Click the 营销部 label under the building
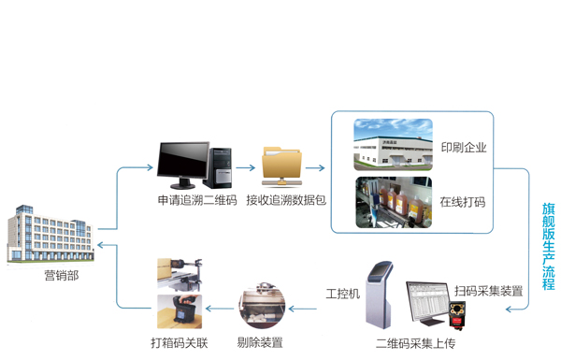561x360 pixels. (62, 275)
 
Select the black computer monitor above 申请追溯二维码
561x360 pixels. (183, 165)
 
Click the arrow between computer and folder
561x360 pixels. (246, 169)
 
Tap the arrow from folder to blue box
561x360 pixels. (314, 169)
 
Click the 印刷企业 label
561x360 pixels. (463, 147)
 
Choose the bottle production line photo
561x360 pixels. (393, 202)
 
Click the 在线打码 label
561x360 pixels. (463, 201)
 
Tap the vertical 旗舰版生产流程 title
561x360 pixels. (548, 244)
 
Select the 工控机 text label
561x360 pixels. (342, 294)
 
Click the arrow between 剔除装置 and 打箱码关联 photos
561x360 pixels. (220, 307)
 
